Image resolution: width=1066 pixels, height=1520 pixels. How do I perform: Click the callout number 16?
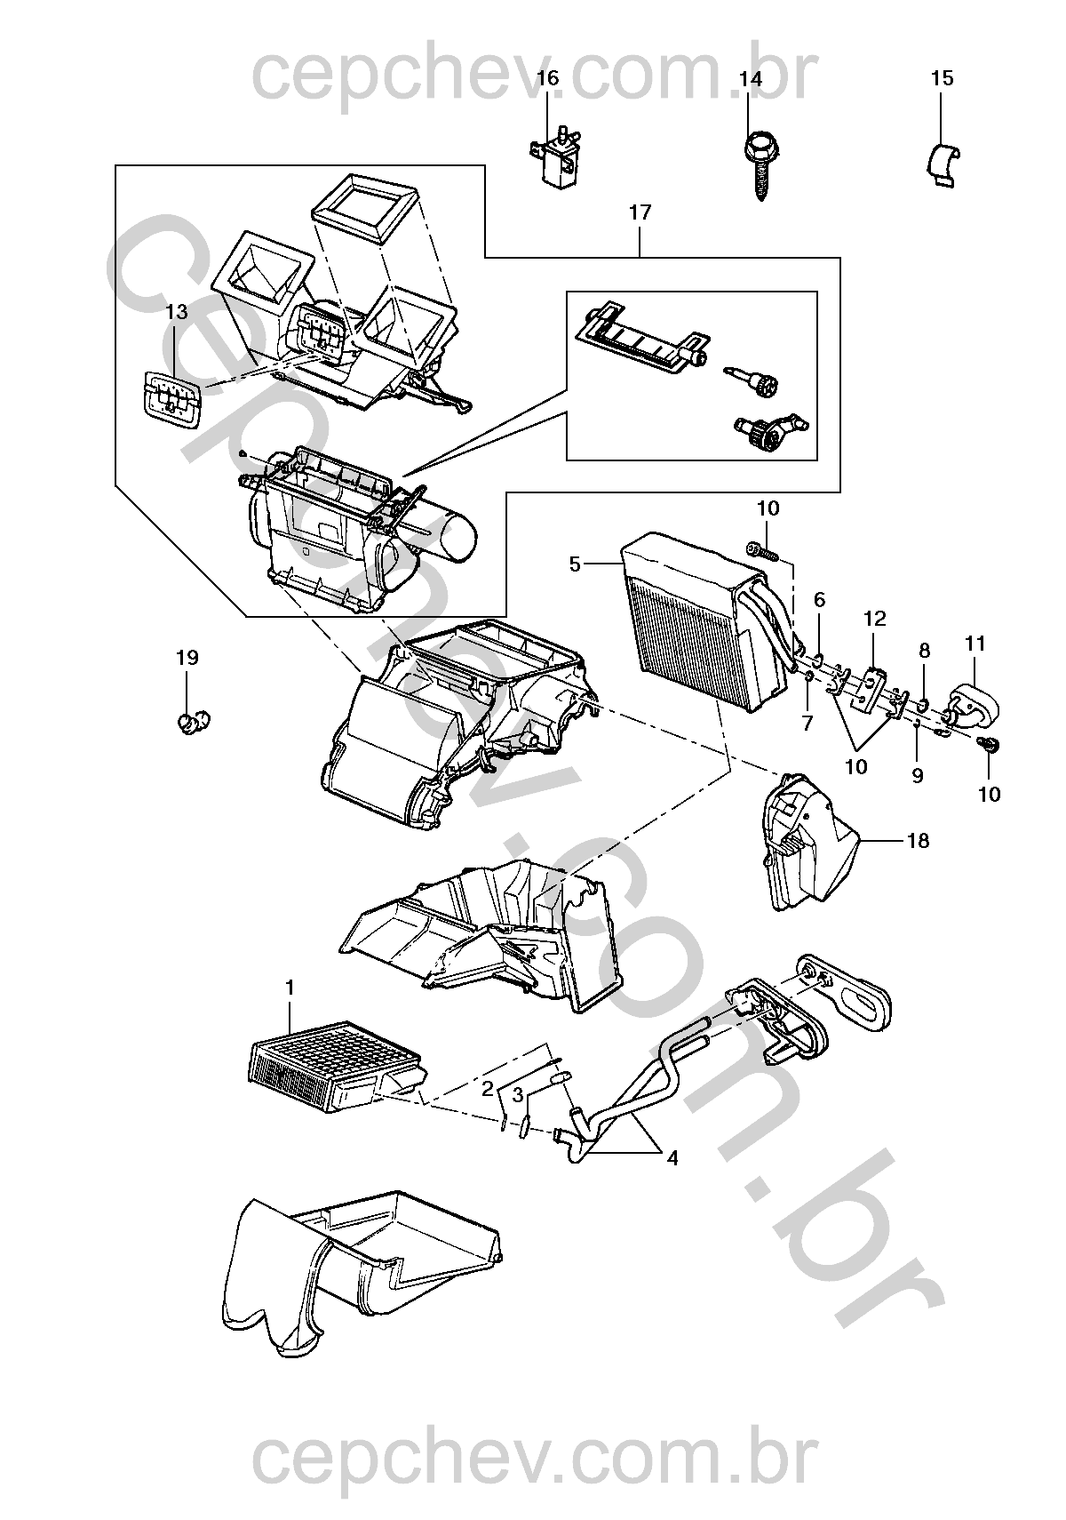pos(548,78)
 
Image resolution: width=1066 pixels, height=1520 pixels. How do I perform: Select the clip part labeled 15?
pos(941,164)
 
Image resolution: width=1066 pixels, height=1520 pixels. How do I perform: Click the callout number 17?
pos(640,212)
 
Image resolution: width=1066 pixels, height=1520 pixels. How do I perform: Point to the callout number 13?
pos(177,312)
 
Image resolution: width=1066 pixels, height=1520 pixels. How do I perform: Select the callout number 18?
pos(918,840)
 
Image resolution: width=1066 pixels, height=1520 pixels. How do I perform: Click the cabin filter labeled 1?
pos(333,1067)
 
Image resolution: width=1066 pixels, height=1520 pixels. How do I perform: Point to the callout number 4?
pos(672,1158)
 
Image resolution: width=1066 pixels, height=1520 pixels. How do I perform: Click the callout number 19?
pos(187,658)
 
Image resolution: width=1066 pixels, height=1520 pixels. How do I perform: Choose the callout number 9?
pos(918,775)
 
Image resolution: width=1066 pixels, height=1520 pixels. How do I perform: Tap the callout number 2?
pos(488,1088)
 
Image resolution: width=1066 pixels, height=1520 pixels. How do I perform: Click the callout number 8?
pos(924,651)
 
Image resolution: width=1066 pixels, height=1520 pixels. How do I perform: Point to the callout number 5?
pos(575,564)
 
